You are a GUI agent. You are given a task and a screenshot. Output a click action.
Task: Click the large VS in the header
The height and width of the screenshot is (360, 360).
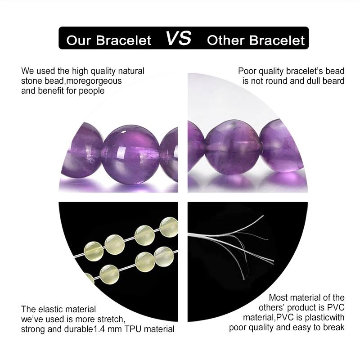(178, 38)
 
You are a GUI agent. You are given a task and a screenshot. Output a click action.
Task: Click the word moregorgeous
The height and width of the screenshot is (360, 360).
(94, 81)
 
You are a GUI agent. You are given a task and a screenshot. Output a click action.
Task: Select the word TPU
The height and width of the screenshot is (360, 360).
(133, 329)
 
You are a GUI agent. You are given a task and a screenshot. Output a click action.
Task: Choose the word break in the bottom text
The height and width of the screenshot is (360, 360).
(334, 328)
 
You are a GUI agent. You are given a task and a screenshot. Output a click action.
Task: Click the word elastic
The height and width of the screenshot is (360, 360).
(52, 309)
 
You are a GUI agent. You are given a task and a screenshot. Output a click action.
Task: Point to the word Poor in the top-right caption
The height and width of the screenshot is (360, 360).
(247, 71)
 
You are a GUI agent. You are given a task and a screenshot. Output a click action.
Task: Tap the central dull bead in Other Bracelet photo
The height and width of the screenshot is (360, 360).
(233, 148)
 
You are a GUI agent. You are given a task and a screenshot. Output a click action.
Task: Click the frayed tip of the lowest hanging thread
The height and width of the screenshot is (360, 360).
(243, 279)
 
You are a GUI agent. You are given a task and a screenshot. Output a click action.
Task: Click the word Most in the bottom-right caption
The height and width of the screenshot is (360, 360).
(279, 297)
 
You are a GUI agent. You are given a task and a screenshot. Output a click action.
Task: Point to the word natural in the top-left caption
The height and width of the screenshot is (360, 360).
(131, 71)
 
